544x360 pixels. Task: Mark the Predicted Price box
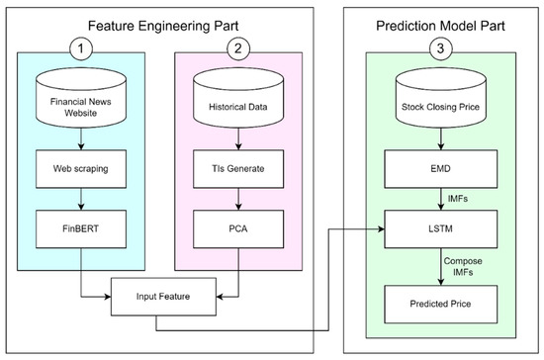coord(439,300)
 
